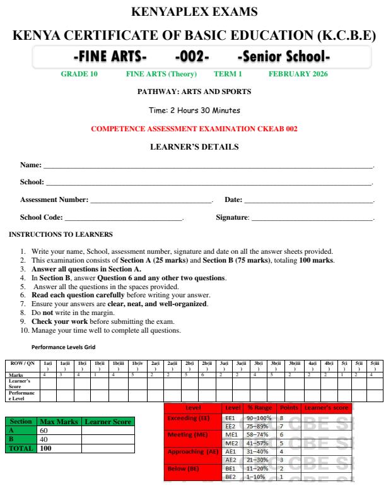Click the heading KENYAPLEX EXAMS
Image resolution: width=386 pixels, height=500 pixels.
[194, 11]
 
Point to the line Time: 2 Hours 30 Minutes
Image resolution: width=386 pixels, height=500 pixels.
[194, 110]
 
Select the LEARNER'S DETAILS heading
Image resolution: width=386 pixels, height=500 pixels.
[194, 147]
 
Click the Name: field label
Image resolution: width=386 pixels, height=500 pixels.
[30, 165]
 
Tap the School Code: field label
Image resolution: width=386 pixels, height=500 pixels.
[41, 218]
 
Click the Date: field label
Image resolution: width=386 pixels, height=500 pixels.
[233, 200]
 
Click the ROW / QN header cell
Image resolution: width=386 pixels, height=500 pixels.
[22, 364]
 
